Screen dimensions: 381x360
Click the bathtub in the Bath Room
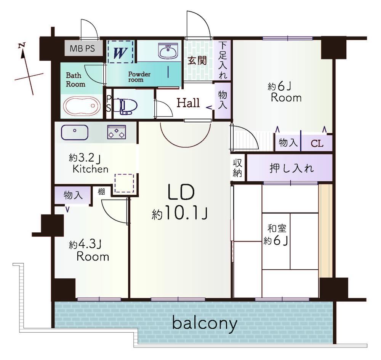pos(82,106)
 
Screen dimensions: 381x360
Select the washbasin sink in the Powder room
pos(168,51)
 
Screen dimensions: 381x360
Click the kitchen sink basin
pos(75,133)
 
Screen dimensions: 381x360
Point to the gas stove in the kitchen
pos(117,132)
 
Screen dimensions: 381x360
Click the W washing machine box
pos(121,52)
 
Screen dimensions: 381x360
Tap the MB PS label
pos(82,48)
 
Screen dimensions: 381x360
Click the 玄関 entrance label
pos(197,60)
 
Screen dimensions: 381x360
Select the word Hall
pos(188,103)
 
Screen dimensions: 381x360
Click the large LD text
pos(181,192)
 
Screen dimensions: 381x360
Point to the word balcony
pos(205,323)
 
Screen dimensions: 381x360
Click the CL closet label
pos(317,143)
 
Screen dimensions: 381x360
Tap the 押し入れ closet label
pos(291,168)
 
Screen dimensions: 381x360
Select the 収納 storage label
pos(237,168)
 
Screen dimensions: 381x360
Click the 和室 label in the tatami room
pos(277,229)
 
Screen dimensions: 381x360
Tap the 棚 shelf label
pos(101,192)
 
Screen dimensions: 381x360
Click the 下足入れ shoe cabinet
pos(223,60)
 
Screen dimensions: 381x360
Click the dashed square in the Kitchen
pos(124,183)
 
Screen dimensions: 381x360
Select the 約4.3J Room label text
pos(89,250)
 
